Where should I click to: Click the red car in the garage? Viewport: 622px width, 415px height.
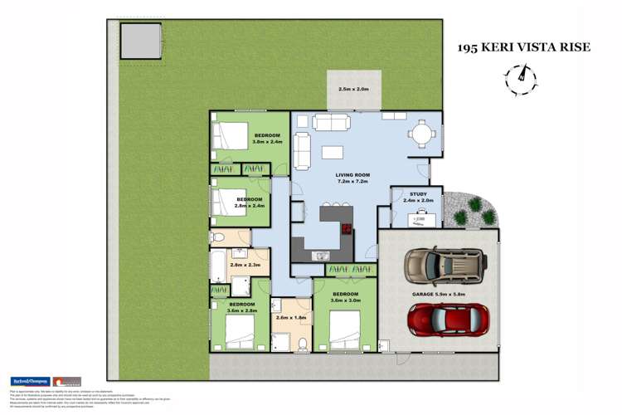point(447,319)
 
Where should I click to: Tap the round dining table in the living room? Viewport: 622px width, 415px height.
point(422,132)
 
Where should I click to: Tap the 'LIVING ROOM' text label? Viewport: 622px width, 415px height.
point(352,175)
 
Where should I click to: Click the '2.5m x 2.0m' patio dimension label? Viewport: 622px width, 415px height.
point(352,89)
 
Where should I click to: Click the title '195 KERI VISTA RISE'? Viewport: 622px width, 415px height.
point(524,47)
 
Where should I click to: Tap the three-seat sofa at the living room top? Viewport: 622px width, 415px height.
point(331,124)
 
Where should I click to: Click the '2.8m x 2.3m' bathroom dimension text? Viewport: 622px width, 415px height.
point(245,265)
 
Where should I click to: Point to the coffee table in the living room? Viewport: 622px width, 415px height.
point(333,153)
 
